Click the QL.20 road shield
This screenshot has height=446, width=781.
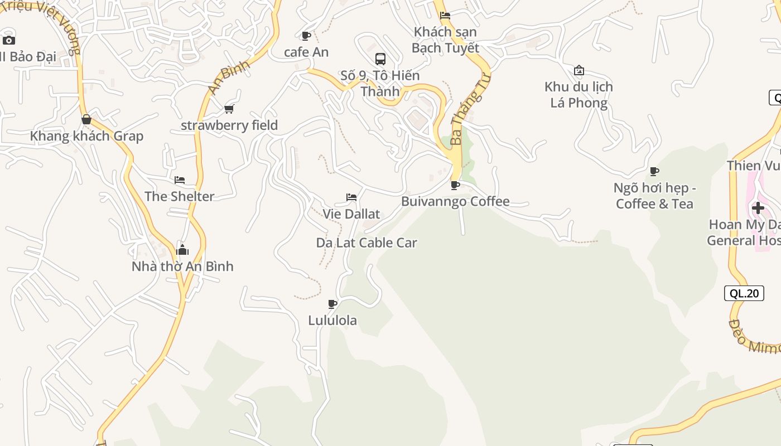click(744, 293)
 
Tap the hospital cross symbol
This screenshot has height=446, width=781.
click(758, 209)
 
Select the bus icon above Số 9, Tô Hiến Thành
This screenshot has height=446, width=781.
click(380, 59)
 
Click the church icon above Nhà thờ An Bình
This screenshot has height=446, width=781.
click(182, 250)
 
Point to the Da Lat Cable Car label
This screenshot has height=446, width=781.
click(367, 243)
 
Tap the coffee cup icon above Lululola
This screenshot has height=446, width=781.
click(332, 304)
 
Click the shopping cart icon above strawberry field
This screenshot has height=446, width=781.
click(229, 109)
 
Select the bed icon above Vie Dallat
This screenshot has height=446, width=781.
click(351, 197)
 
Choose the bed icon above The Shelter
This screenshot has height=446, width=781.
click(179, 180)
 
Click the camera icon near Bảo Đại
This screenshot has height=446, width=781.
click(8, 40)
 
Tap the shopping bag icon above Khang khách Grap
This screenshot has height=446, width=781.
click(86, 119)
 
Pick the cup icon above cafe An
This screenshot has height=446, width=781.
click(306, 36)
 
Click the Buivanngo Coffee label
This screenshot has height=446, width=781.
click(455, 201)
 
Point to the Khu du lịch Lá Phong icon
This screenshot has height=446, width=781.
click(578, 70)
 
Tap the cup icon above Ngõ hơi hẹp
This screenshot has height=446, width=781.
click(654, 171)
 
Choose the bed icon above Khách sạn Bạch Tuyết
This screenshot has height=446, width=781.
click(445, 16)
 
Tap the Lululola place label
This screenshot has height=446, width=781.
click(332, 321)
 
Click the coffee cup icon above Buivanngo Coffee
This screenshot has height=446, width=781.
click(455, 185)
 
